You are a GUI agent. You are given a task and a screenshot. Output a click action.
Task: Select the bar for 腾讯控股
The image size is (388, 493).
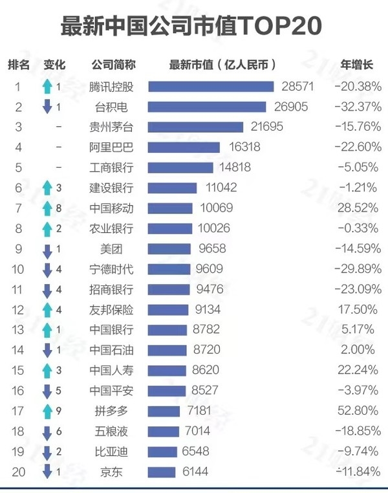(x=211, y=87)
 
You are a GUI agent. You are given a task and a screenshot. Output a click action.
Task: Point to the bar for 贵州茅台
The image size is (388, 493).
(x=195, y=127)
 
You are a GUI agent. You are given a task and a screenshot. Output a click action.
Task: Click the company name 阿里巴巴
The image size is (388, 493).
(x=112, y=148)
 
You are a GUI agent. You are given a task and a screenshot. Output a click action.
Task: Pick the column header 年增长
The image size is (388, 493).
(x=357, y=64)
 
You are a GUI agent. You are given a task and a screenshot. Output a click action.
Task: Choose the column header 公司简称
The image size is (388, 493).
(x=113, y=64)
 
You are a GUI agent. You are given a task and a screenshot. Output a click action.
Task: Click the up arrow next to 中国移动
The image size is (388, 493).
(x=47, y=208)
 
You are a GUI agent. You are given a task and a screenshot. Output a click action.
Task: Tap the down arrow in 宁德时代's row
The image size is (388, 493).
(x=47, y=269)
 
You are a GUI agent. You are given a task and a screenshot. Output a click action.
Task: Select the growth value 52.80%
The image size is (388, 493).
(x=358, y=411)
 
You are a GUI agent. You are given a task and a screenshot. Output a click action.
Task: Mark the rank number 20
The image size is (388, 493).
(x=19, y=472)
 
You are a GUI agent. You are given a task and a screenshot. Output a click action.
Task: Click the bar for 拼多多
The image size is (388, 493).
(x=164, y=411)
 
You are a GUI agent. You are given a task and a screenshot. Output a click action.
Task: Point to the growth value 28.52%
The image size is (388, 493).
(x=358, y=208)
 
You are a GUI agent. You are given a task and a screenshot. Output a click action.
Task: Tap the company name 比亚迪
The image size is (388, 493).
(x=112, y=452)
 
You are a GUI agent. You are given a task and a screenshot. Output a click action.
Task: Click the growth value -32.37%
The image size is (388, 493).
(x=358, y=107)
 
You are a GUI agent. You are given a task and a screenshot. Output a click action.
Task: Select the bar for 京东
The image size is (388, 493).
(x=162, y=472)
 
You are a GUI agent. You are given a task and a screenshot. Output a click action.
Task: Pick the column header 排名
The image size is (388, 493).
(x=19, y=64)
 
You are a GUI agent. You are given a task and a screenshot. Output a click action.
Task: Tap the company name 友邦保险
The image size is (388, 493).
(x=112, y=309)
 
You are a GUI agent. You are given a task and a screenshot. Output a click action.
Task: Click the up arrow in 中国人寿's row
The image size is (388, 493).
(x=47, y=370)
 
